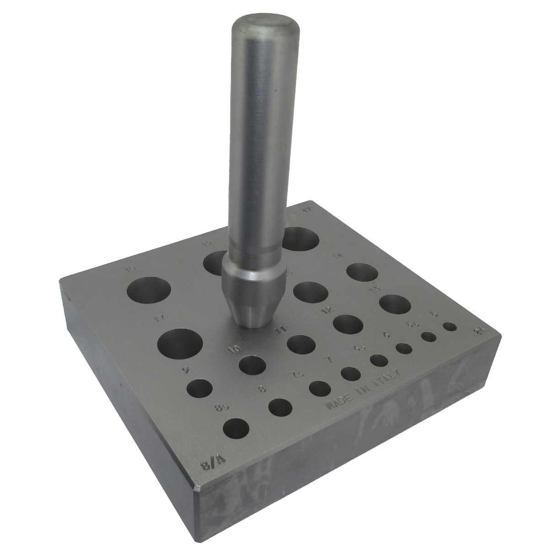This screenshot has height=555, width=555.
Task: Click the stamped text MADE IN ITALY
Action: tap(364, 388)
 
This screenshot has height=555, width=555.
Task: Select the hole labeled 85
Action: tap(237, 430)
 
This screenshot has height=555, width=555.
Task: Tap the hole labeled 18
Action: tap(149, 292)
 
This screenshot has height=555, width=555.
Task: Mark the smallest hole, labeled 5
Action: tap(450, 327)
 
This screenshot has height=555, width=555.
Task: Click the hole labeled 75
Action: tap(320, 389)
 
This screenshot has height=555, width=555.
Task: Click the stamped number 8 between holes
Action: tap(262, 389)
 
